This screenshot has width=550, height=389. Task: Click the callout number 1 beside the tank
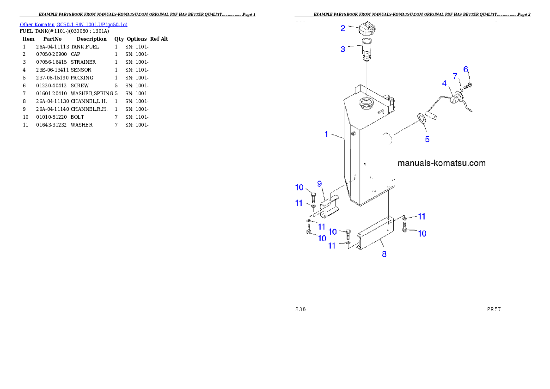[x=326, y=134]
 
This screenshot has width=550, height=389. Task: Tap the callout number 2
[x=343, y=28]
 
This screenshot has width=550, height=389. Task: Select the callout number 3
[x=343, y=49]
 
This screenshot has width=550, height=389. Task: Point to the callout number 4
[x=444, y=84]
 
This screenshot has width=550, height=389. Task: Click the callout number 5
[x=427, y=139]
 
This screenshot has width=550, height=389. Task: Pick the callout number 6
[x=466, y=69]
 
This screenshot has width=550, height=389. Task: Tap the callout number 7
[x=455, y=76]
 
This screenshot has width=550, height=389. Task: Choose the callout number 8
[x=384, y=254]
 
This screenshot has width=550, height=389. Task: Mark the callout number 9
[x=319, y=184]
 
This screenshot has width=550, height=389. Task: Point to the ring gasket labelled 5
[x=422, y=119]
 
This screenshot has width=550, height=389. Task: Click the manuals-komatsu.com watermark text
[x=441, y=163]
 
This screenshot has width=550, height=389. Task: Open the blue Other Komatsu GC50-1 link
[x=73, y=24]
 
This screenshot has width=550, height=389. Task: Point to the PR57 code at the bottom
[x=494, y=309]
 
